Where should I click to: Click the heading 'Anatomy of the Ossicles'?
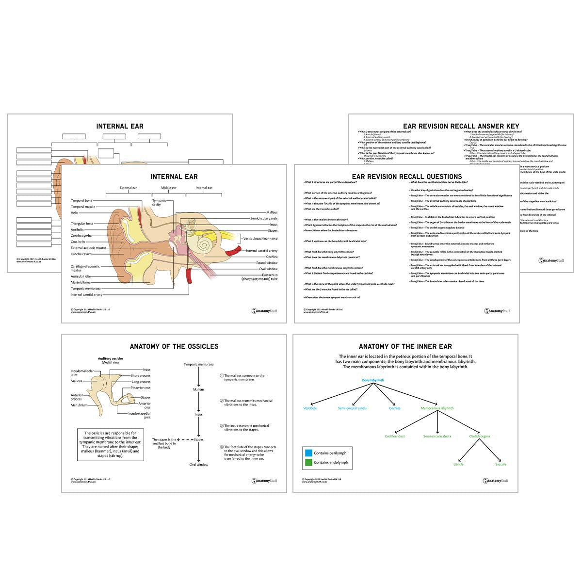pyautogui.click(x=174, y=346)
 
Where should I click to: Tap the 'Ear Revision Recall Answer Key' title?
pyautogui.click(x=461, y=126)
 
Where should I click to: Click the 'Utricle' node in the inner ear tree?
pyautogui.click(x=458, y=464)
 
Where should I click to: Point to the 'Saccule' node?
pyautogui.click(x=501, y=464)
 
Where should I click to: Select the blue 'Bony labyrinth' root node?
pyautogui.click(x=373, y=380)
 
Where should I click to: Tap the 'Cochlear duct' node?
pyautogui.click(x=395, y=436)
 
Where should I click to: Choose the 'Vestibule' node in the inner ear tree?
pyautogui.click(x=310, y=408)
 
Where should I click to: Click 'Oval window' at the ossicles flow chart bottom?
pyautogui.click(x=198, y=465)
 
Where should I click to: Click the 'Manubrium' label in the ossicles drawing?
pyautogui.click(x=79, y=405)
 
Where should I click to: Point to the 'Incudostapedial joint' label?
pyautogui.click(x=139, y=415)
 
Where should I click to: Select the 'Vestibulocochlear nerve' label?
pyautogui.click(x=260, y=239)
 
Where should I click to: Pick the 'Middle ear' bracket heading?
pyautogui.click(x=168, y=188)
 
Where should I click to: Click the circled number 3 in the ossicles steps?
pyautogui.click(x=221, y=426)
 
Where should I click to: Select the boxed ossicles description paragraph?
pyautogui.click(x=111, y=444)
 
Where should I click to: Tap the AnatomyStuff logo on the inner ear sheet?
pyautogui.click(x=495, y=481)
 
